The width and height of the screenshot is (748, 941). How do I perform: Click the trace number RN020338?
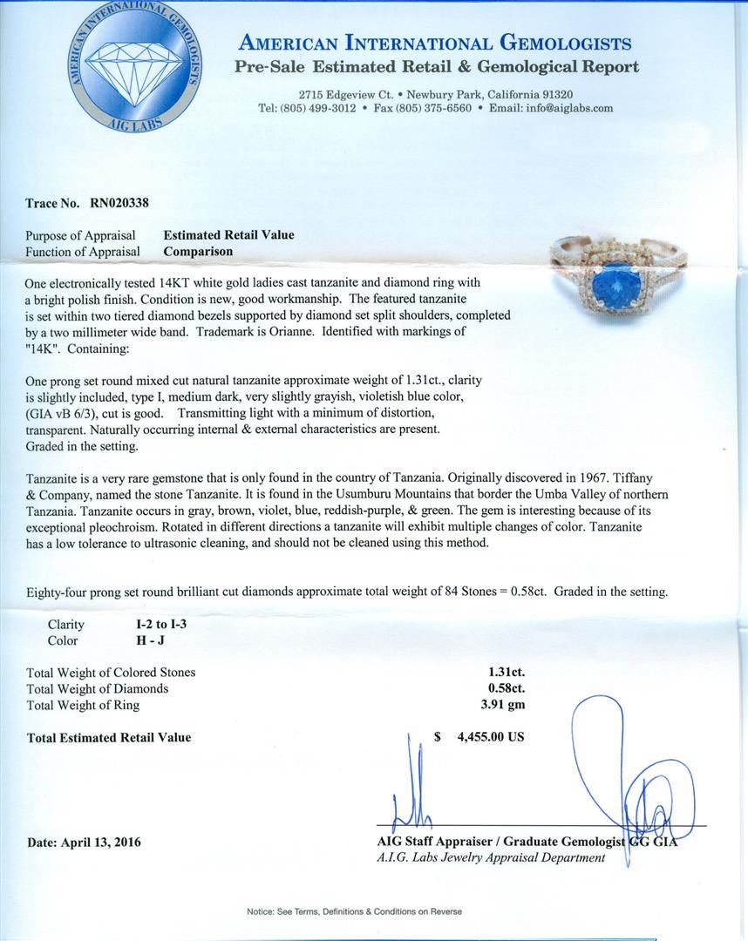pyautogui.click(x=119, y=203)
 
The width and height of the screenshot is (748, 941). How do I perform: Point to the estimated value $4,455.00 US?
pyautogui.click(x=490, y=736)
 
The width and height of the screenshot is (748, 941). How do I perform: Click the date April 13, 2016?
pyautogui.click(x=84, y=842)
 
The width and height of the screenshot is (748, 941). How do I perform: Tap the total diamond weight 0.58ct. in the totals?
pyautogui.click(x=506, y=688)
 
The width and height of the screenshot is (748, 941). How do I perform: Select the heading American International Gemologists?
pyautogui.click(x=435, y=43)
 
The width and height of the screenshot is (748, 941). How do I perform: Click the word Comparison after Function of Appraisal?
pyautogui.click(x=198, y=251)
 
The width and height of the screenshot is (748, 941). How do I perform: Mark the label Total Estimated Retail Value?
pyautogui.click(x=109, y=737)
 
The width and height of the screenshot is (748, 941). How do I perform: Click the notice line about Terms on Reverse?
pyautogui.click(x=354, y=911)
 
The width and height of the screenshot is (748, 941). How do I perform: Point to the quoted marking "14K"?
pyautogui.click(x=42, y=347)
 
